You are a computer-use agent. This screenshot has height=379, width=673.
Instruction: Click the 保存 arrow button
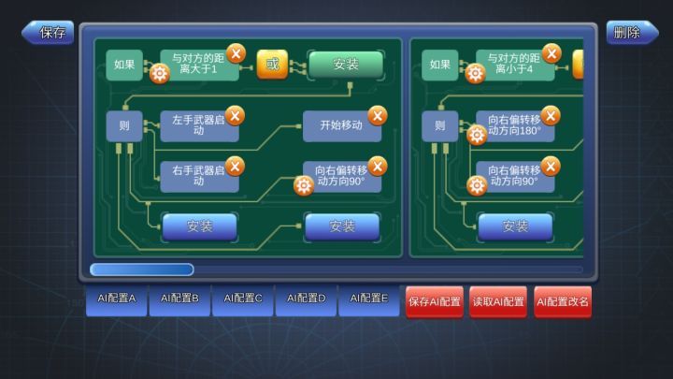click(x=48, y=32)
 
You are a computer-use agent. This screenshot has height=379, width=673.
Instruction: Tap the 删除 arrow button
click(x=632, y=32)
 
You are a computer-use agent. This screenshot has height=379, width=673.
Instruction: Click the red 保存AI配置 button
click(x=435, y=302)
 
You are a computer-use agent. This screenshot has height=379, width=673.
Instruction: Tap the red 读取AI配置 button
click(x=498, y=302)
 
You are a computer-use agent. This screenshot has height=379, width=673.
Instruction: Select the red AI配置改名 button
click(x=563, y=302)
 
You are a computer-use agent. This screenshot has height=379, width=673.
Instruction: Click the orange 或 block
click(x=272, y=65)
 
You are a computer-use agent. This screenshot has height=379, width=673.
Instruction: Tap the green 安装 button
click(x=346, y=65)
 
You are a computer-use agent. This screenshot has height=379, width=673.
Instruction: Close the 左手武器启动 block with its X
click(x=236, y=116)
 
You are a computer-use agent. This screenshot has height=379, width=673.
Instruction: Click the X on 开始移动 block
click(x=378, y=116)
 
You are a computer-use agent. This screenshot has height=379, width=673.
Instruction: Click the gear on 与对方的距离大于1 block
click(x=160, y=74)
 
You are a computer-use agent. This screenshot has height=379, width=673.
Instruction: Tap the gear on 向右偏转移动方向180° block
click(x=477, y=136)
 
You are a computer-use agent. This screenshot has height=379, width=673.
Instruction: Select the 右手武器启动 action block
click(x=199, y=176)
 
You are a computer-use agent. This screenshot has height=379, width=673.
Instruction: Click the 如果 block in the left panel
click(x=124, y=65)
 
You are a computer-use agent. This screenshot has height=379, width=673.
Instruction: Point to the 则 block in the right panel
click(x=440, y=126)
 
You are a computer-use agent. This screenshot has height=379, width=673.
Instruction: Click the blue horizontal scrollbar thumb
click(x=142, y=270)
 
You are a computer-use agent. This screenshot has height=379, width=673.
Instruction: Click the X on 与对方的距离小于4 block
click(x=551, y=53)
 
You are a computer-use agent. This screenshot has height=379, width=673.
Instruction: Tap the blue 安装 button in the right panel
click(x=515, y=226)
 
